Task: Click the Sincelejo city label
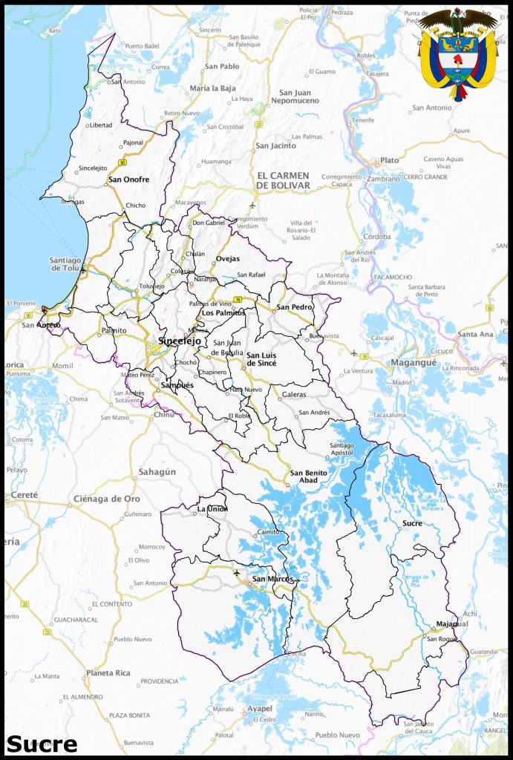179,341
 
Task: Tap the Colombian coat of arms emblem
458,53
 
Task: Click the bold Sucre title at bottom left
42,744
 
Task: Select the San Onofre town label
128,180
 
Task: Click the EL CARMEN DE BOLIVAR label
283,180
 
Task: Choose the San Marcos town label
272,579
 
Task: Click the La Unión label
212,509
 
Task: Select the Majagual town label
452,623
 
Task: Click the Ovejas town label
228,259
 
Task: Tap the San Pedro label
295,307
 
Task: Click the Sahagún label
157,472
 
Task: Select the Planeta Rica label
108,672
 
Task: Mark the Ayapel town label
260,709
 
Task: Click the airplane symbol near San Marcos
237,572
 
